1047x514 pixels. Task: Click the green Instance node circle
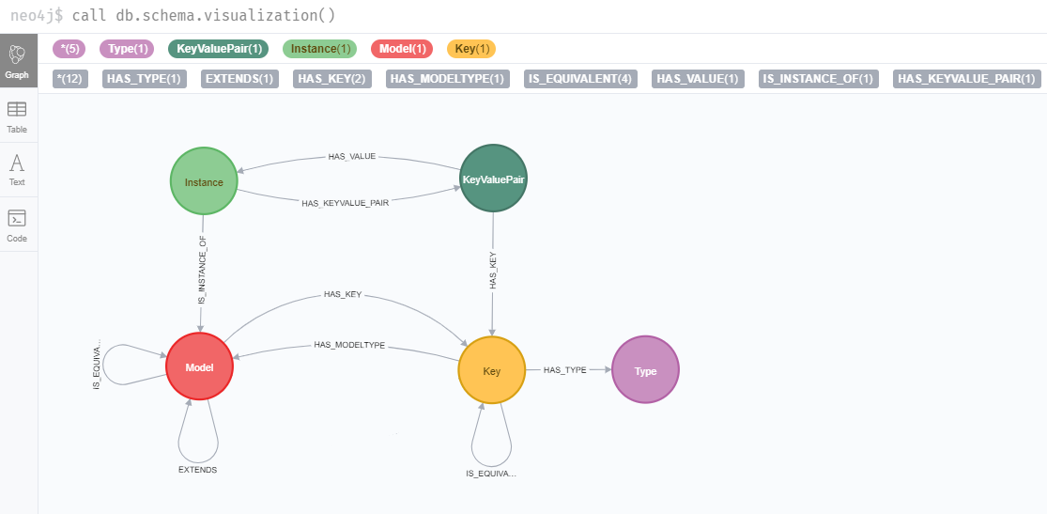point(204,182)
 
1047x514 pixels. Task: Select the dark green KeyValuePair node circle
point(493,179)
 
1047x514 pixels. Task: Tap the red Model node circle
point(199,367)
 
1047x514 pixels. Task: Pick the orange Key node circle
point(491,371)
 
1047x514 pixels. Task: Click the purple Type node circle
point(645,370)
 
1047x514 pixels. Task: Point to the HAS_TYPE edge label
point(564,370)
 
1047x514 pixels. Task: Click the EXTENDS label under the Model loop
point(197,469)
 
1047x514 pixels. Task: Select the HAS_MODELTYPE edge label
point(349,346)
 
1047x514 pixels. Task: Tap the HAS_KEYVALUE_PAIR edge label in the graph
point(345,202)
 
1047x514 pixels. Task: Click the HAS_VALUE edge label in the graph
point(351,157)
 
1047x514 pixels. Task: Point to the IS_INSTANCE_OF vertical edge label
point(202,270)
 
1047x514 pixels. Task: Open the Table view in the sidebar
point(17,117)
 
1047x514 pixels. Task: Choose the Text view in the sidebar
point(17,169)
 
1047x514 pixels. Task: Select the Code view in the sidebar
point(17,225)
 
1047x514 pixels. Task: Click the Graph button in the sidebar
point(17,60)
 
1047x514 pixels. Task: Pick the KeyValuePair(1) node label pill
point(218,48)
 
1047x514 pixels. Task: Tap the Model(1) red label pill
point(402,48)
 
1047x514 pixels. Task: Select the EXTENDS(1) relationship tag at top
point(239,79)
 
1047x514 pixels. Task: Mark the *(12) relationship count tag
point(70,79)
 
